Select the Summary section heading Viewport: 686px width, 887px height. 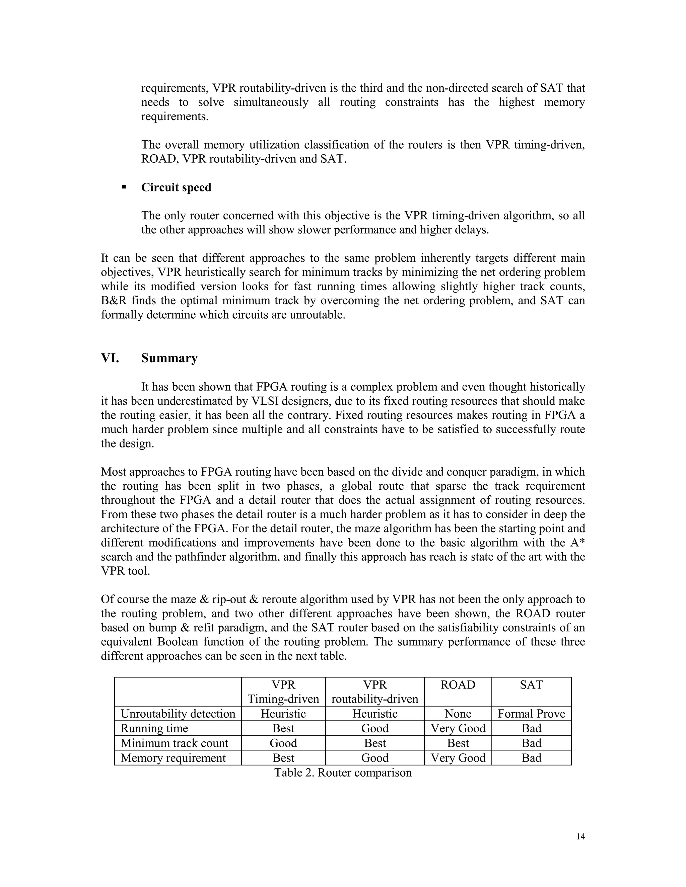(x=169, y=358)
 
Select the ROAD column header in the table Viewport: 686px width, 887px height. (x=458, y=685)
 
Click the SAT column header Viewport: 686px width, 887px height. (x=531, y=685)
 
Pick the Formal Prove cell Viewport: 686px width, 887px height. (x=531, y=714)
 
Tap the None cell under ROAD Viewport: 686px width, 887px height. (x=458, y=714)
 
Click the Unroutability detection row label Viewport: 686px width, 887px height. (x=178, y=714)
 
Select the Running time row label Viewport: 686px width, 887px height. (x=154, y=728)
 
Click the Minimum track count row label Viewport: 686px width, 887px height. (x=174, y=743)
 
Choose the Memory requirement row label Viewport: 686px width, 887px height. (x=173, y=757)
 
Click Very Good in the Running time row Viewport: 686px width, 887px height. (x=458, y=728)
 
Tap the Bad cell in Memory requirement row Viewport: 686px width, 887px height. (x=531, y=757)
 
